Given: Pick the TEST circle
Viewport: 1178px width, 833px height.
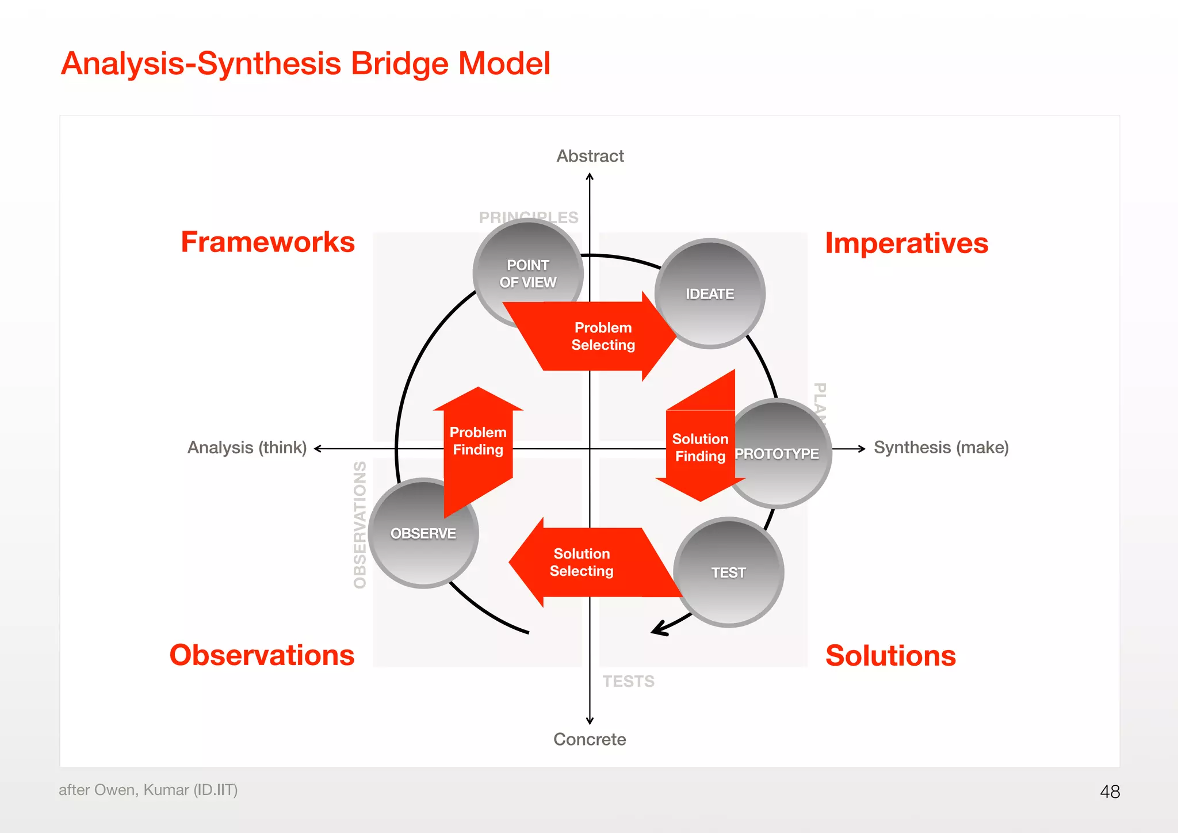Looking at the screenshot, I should [x=729, y=572].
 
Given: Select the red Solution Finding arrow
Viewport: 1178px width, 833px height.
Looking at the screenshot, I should [x=699, y=448].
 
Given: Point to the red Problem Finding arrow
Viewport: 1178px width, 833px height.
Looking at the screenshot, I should [x=478, y=441].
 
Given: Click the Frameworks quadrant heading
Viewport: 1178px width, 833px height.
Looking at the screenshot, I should [x=267, y=242].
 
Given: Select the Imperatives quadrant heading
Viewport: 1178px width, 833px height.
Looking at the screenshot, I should [x=907, y=243].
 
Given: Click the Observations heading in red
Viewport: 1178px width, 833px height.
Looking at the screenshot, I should [x=262, y=655].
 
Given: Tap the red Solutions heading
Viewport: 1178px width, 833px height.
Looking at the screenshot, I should [x=890, y=656].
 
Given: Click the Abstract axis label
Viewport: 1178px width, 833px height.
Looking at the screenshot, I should [x=590, y=156].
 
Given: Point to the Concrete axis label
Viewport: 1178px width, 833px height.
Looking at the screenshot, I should [x=590, y=739].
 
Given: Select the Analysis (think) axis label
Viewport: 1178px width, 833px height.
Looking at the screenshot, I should [x=247, y=448].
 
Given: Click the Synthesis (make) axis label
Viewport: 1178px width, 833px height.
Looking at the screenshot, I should [x=941, y=448].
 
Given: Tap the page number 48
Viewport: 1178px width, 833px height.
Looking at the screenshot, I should [x=1110, y=792].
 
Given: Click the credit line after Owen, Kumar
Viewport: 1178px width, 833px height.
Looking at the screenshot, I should [x=148, y=790].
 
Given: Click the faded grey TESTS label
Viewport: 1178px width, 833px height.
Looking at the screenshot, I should [x=628, y=681].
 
